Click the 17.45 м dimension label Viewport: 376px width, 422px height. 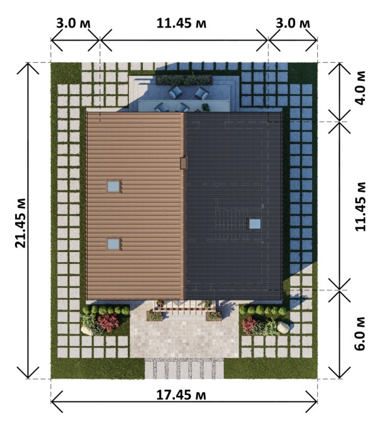181,396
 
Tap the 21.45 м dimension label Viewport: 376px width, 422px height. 21,223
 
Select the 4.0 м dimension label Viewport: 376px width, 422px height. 360,88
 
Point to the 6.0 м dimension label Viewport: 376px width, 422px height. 360,333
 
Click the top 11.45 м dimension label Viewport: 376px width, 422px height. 181,23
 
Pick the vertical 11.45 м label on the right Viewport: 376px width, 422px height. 360,207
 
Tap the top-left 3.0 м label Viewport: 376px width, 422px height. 73,23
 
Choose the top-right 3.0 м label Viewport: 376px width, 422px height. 293,23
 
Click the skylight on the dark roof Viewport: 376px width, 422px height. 254,224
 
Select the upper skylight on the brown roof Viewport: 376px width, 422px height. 114,186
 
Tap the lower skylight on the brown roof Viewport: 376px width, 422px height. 114,244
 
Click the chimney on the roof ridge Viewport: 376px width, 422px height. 184,163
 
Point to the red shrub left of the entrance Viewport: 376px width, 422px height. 108,322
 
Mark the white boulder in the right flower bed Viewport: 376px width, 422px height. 283,327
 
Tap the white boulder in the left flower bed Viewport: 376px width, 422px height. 86,330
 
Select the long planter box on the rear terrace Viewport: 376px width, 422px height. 184,80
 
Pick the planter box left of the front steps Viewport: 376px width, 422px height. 155,316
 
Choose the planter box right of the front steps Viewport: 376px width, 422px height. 214,316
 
